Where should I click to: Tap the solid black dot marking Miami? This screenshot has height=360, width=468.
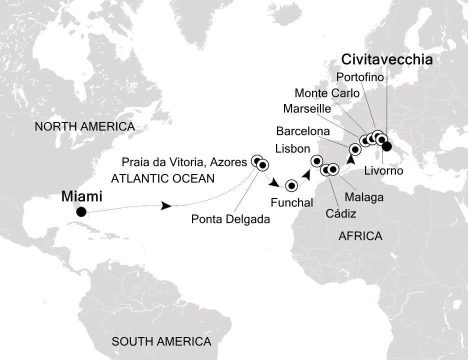[x=81, y=212]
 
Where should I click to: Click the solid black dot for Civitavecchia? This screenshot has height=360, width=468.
[x=386, y=146]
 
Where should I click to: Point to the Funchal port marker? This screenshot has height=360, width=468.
[x=291, y=186]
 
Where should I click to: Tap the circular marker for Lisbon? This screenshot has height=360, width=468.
[x=316, y=160]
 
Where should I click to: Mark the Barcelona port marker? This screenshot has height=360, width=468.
[x=355, y=148]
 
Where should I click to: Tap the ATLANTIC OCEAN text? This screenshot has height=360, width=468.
[x=162, y=177]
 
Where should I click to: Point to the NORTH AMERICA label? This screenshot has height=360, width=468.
[x=84, y=127]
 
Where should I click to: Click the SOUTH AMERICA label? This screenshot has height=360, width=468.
[x=161, y=342]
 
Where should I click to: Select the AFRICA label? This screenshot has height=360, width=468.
[x=360, y=236]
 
